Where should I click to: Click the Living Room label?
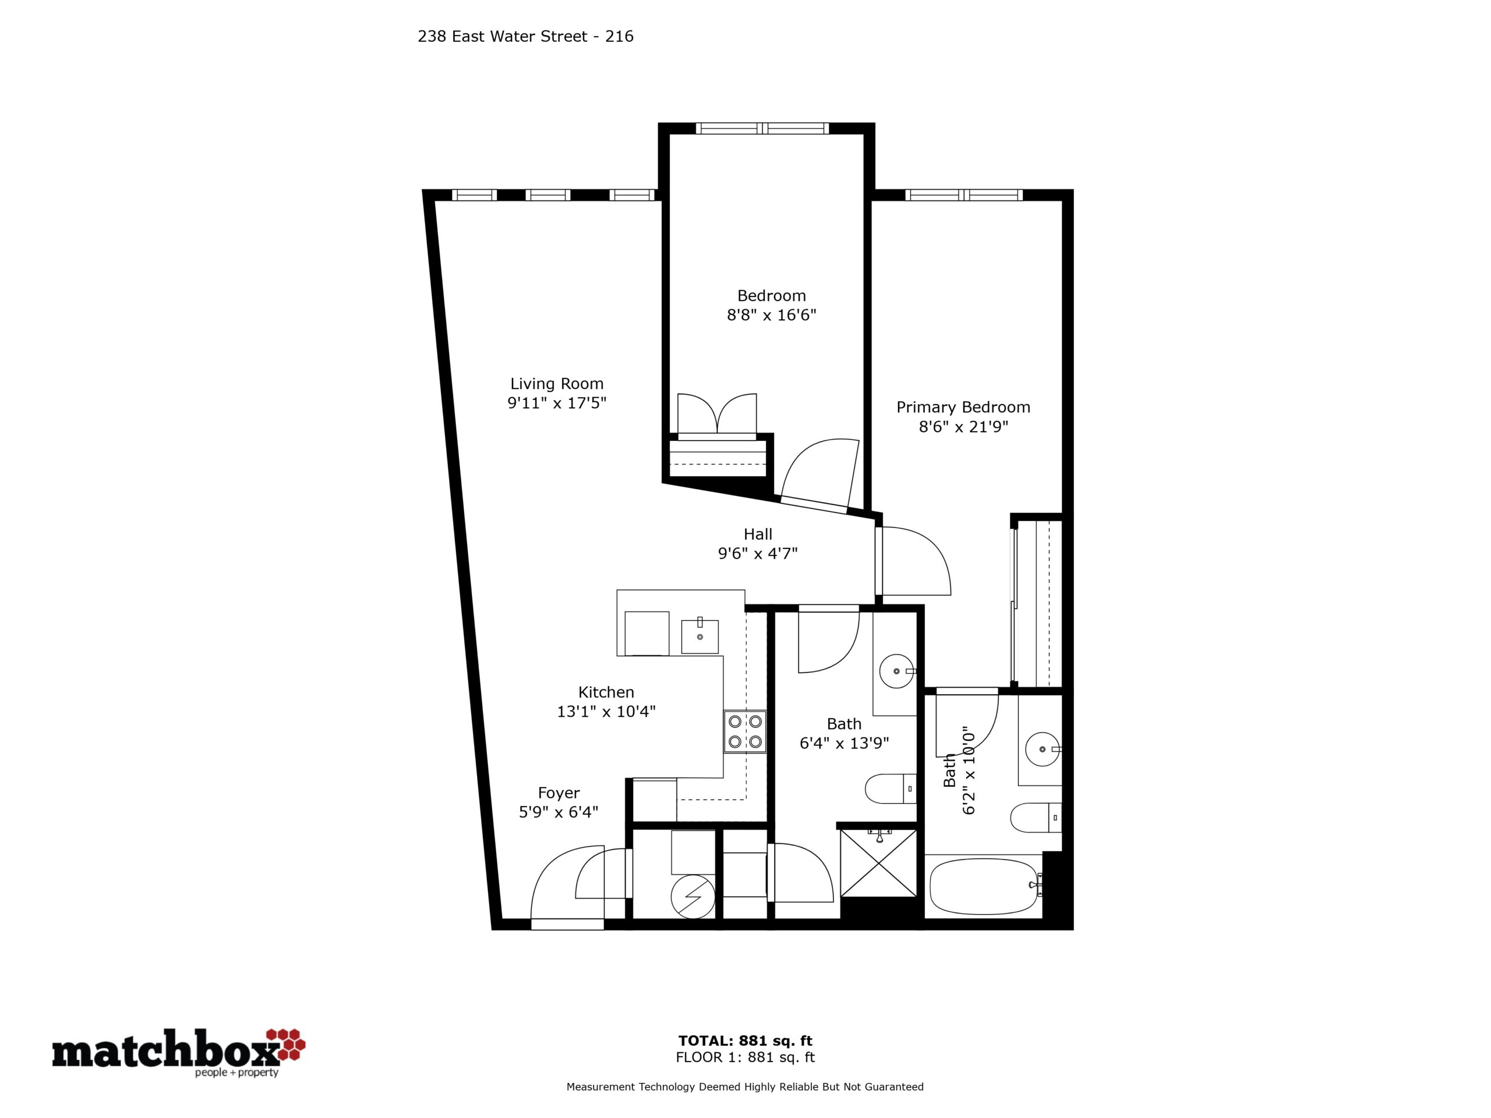[556, 384]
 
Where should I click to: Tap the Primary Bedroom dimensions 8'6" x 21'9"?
[963, 427]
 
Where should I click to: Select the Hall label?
[758, 535]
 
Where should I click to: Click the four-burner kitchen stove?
[745, 732]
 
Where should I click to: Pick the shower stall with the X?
[878, 864]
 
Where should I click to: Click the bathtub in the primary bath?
[984, 886]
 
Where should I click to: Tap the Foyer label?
[559, 793]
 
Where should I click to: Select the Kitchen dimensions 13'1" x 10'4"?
[606, 711]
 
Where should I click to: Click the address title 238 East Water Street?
[525, 36]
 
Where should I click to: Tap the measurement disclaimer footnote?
[745, 1087]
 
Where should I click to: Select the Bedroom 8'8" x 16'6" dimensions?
[771, 314]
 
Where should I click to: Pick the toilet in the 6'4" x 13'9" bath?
[891, 788]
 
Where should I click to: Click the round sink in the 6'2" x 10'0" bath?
[1043, 749]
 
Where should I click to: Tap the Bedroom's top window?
[762, 128]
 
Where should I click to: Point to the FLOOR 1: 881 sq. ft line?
[745, 1057]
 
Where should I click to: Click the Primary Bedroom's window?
[964, 194]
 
